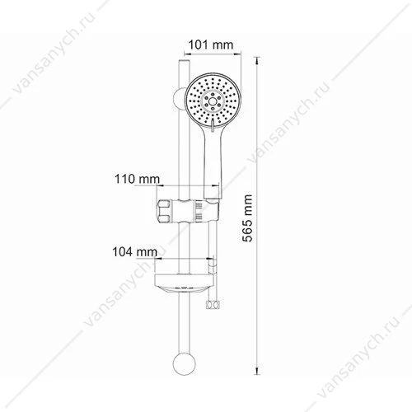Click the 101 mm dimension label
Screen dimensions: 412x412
[x=211, y=44]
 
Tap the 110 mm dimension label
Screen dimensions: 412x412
[x=137, y=179]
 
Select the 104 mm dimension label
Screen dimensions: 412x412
[x=135, y=252]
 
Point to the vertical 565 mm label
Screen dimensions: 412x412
[x=247, y=218]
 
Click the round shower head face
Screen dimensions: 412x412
[x=213, y=101]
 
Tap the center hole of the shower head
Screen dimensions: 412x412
[x=213, y=101]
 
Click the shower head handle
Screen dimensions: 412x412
[x=212, y=162]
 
